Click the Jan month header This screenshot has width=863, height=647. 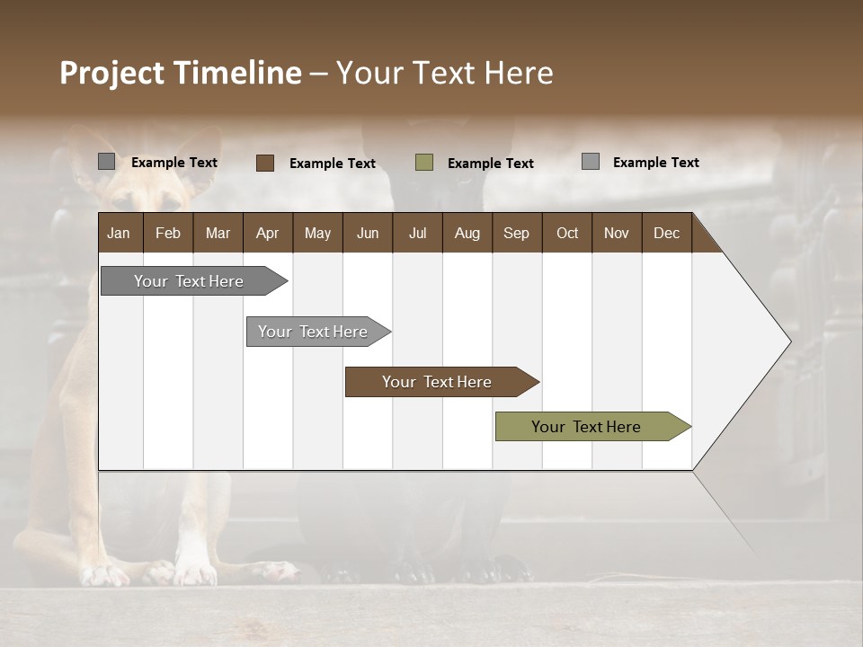pos(119,233)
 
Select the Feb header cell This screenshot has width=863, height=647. pos(168,233)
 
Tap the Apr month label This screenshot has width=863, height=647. pos(267,233)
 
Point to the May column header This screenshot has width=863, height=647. pos(317,233)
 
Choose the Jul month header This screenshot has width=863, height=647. pos(417,233)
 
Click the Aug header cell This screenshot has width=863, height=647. pos(467,233)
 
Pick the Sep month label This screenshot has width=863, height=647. pos(516,233)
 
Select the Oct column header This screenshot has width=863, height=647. pos(567,233)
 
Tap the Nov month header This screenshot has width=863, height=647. pos(617,233)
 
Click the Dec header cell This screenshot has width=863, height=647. pos(666,233)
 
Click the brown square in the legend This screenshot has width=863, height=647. pos(265,163)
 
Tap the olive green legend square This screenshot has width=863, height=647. pos(424,163)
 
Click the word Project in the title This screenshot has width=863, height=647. pos(111,73)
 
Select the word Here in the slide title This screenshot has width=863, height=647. pos(519,73)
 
